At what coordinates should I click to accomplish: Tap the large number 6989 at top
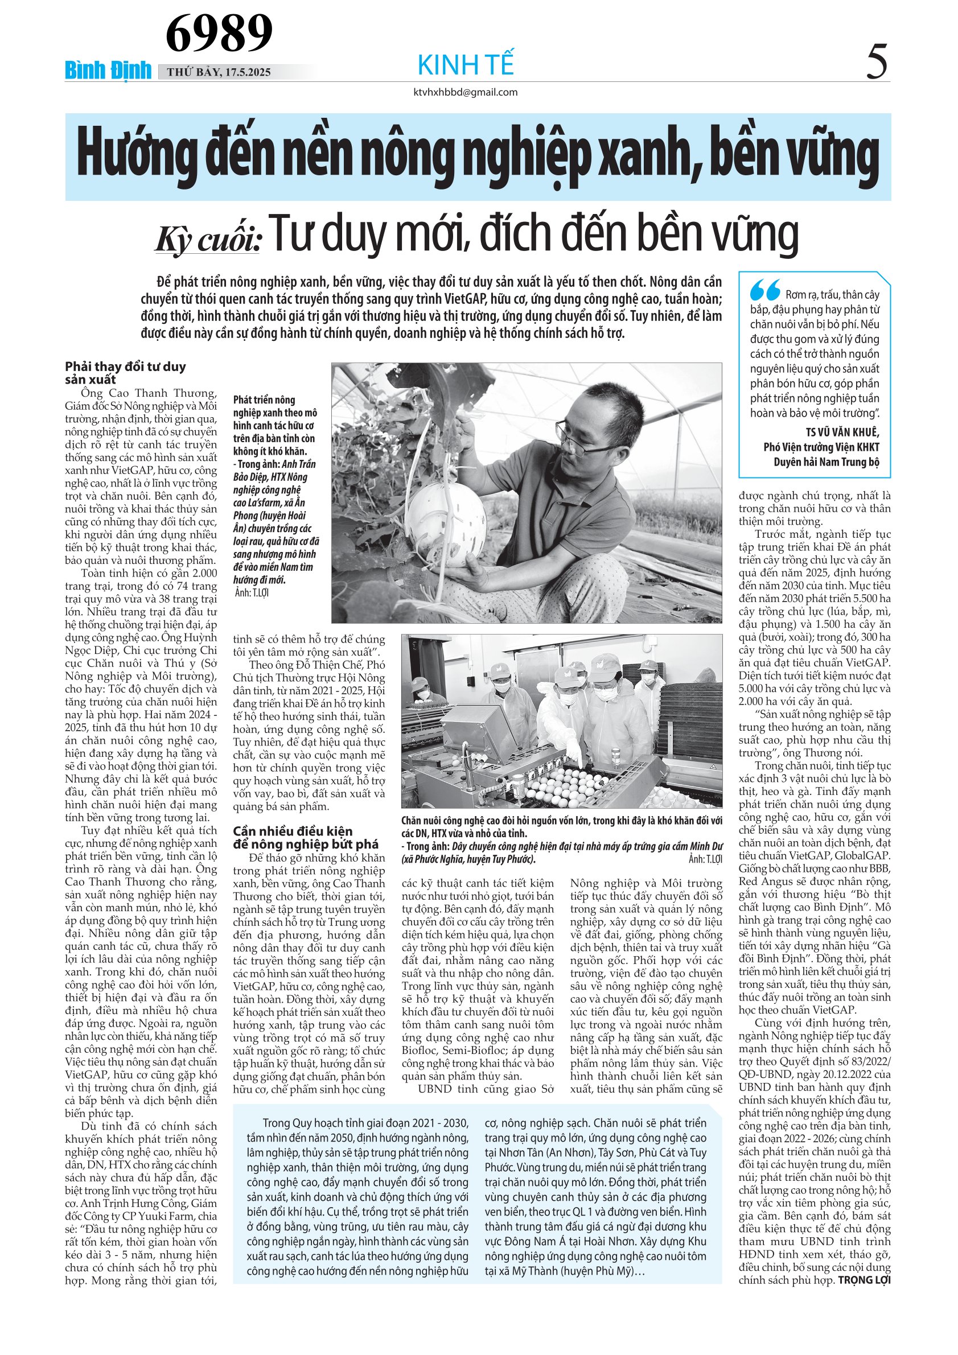219,33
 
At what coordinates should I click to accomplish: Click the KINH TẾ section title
466,64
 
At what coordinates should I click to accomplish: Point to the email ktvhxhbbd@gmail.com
466,92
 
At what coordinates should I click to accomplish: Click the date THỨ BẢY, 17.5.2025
219,72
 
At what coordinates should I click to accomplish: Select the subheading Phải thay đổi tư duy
125,366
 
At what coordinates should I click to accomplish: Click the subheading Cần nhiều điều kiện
292,831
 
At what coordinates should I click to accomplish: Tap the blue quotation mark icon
765,290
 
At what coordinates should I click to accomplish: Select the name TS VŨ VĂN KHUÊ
842,432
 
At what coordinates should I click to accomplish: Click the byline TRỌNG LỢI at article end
864,1280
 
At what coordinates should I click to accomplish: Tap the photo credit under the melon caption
251,592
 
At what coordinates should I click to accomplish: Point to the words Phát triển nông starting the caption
264,400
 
